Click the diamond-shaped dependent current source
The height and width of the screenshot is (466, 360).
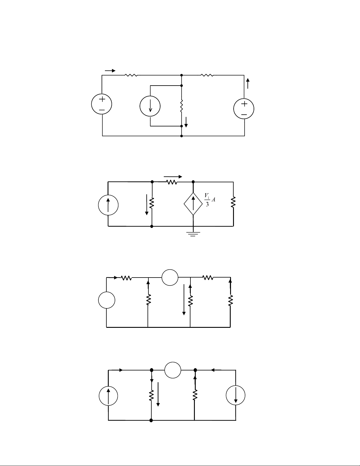coord(193,204)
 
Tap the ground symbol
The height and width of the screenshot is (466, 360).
coord(193,234)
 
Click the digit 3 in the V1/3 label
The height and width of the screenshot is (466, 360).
coord(207,204)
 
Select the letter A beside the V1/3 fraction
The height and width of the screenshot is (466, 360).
coord(213,200)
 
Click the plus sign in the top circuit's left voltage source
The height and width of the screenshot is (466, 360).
coord(102,99)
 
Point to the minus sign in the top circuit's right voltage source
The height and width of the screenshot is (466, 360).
coord(244,115)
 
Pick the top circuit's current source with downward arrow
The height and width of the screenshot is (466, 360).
coord(150,106)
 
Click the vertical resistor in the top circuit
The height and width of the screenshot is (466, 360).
coord(182,106)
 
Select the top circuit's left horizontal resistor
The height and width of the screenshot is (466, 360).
coord(131,75)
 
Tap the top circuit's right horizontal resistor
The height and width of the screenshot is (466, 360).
coord(207,75)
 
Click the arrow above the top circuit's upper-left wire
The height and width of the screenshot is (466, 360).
coord(110,71)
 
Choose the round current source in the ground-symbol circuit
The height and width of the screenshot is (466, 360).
coord(108,205)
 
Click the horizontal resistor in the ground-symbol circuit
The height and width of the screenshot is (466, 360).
coord(172,182)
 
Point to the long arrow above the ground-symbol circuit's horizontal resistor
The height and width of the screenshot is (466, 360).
coord(173,177)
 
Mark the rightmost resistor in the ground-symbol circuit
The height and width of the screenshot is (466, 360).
coord(233,202)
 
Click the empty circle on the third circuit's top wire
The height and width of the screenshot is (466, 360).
coord(170,278)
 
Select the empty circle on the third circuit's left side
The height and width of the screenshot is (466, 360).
coord(106,300)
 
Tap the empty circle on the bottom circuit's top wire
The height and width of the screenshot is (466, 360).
coord(173,370)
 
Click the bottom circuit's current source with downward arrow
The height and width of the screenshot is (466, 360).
coord(235,395)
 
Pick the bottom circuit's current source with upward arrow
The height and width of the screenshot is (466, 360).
coord(108,396)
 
